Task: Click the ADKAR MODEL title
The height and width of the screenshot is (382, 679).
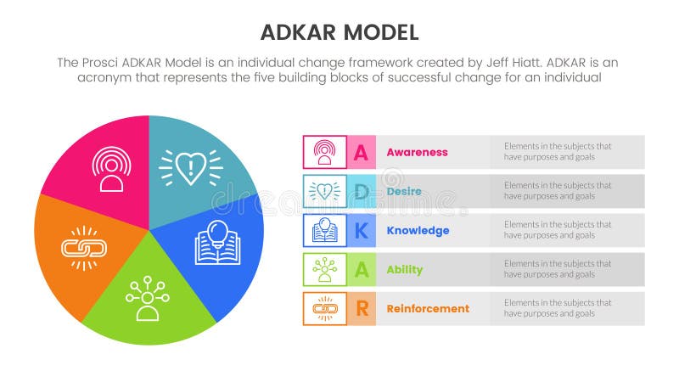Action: [x=339, y=32]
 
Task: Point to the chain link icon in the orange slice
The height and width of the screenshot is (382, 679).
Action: [x=83, y=248]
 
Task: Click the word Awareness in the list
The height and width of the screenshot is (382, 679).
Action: [x=417, y=153]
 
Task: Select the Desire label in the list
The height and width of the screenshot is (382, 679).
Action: [x=403, y=192]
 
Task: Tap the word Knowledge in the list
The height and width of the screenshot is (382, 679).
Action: [x=418, y=231]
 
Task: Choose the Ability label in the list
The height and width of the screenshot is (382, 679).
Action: [x=404, y=270]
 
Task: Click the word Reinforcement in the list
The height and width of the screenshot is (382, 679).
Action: [x=428, y=309]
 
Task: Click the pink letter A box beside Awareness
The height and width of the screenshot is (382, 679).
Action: [x=361, y=153]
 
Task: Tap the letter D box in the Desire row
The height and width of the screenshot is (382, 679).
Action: [x=361, y=192]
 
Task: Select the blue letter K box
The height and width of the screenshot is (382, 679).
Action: [x=361, y=231]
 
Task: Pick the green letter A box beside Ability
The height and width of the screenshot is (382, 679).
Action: [x=361, y=270]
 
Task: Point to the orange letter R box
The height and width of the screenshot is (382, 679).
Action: [x=361, y=309]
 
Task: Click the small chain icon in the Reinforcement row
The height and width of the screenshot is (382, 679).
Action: [x=324, y=309]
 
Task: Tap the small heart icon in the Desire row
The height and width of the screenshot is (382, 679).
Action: [x=324, y=192]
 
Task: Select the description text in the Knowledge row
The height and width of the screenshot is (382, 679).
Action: [x=558, y=230]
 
